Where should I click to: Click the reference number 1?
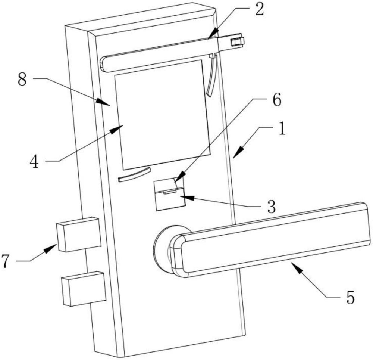[282, 130]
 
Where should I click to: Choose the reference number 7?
[5, 261]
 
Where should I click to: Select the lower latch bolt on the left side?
[83, 288]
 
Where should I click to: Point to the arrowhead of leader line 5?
[293, 265]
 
